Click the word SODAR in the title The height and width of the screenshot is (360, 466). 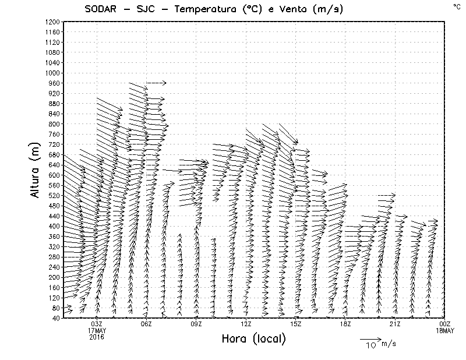100,8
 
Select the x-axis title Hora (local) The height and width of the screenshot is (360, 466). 254,338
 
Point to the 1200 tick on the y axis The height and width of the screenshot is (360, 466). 52,22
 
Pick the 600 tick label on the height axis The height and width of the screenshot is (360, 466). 54,175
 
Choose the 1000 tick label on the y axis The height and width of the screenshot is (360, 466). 52,73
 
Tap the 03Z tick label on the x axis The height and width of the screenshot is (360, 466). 97,324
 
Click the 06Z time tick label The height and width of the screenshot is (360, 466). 147,324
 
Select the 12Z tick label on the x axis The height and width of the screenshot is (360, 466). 246,324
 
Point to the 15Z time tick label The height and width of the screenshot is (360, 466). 296,324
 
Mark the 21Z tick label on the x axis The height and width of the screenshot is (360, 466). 395,324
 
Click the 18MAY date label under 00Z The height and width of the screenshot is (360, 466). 445,330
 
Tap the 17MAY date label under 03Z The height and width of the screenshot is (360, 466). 97,330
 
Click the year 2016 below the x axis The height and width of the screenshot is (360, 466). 97,337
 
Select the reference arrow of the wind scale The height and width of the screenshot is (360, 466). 370,338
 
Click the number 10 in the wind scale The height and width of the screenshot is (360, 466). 370,345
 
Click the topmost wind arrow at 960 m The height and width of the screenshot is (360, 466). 156,83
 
